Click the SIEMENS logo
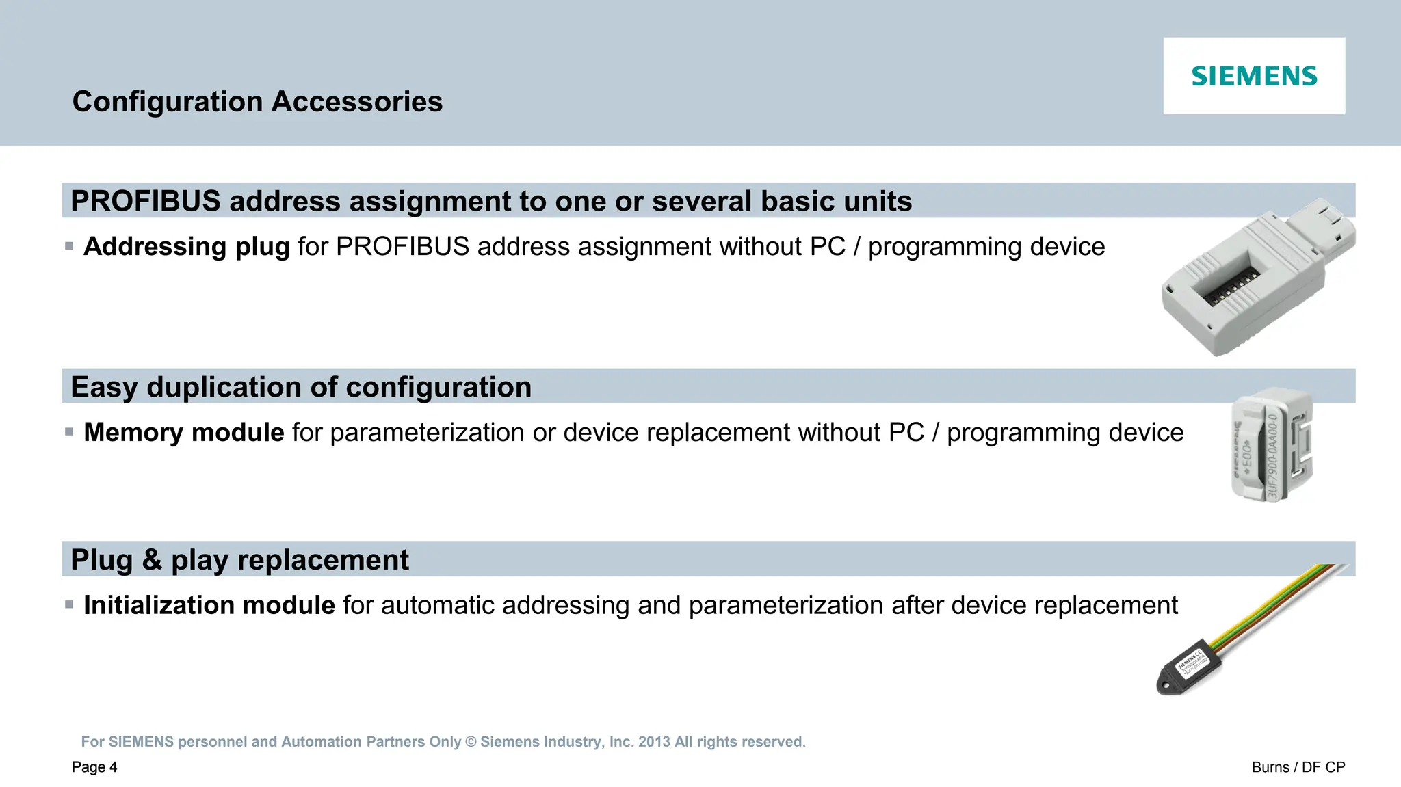click(x=1253, y=76)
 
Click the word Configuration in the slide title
click(x=168, y=102)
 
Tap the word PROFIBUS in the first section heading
click(x=145, y=201)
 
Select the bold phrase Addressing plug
click(x=186, y=246)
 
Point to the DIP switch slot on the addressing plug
click(x=1231, y=288)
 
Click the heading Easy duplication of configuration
click(x=301, y=387)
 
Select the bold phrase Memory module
click(x=183, y=432)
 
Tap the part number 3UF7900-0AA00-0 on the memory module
click(x=1272, y=455)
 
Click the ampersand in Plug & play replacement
click(x=152, y=559)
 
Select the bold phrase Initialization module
click(x=209, y=605)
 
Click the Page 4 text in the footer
click(x=94, y=767)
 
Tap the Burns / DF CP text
click(x=1298, y=767)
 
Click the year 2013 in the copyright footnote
click(x=653, y=742)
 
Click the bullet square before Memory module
click(x=69, y=431)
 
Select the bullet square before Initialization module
click(x=69, y=604)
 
